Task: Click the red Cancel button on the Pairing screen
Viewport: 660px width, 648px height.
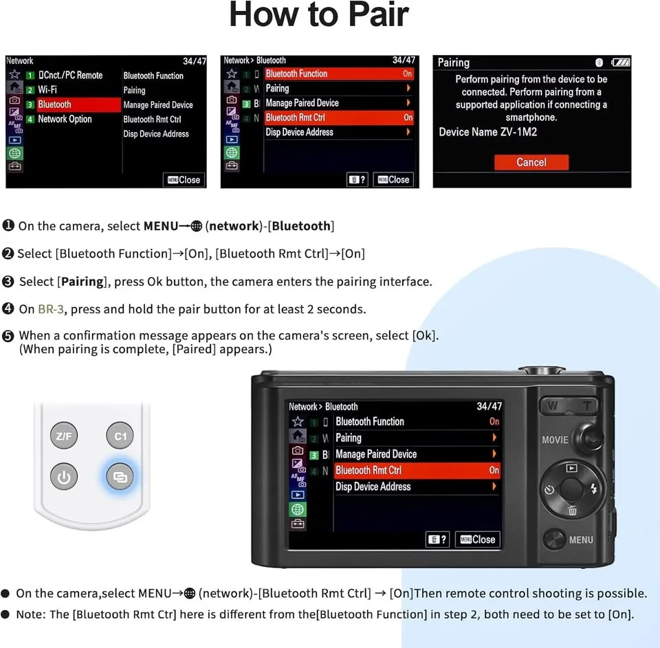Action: [x=531, y=162]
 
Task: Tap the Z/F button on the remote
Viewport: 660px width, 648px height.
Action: [x=64, y=436]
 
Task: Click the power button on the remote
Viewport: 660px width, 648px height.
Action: [x=64, y=477]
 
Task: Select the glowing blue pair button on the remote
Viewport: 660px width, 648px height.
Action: [x=120, y=477]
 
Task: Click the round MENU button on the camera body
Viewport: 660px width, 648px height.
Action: [x=554, y=539]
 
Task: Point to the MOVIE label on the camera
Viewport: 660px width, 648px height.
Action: [x=555, y=440]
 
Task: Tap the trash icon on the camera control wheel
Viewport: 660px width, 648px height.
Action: [x=572, y=511]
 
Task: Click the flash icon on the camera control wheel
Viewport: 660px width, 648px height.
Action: [x=594, y=489]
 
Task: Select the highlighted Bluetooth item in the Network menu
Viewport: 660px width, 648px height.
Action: [x=78, y=104]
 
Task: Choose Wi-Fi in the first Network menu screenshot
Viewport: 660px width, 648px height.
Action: [x=47, y=89]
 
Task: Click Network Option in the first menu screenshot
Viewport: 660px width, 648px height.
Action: [x=65, y=119]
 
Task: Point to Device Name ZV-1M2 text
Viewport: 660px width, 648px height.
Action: [x=488, y=132]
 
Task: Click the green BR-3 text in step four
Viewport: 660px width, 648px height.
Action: [x=51, y=309]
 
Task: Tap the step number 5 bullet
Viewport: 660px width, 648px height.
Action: [x=8, y=336]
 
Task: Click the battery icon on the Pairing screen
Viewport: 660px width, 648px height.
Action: [x=621, y=63]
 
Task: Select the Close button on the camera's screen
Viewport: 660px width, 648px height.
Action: [x=478, y=539]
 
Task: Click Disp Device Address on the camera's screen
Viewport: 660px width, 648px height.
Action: [x=373, y=487]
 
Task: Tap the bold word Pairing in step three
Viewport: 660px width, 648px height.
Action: [x=82, y=282]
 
